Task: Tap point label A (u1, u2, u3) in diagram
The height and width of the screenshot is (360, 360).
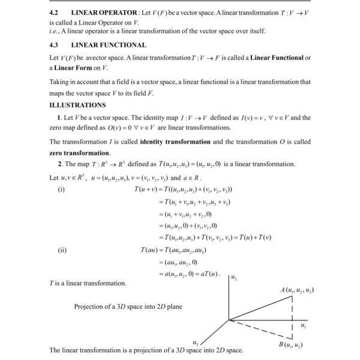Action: click(x=297, y=290)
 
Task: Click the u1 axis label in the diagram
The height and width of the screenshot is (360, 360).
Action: click(x=302, y=326)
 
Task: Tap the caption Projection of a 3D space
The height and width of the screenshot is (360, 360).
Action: click(x=128, y=307)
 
